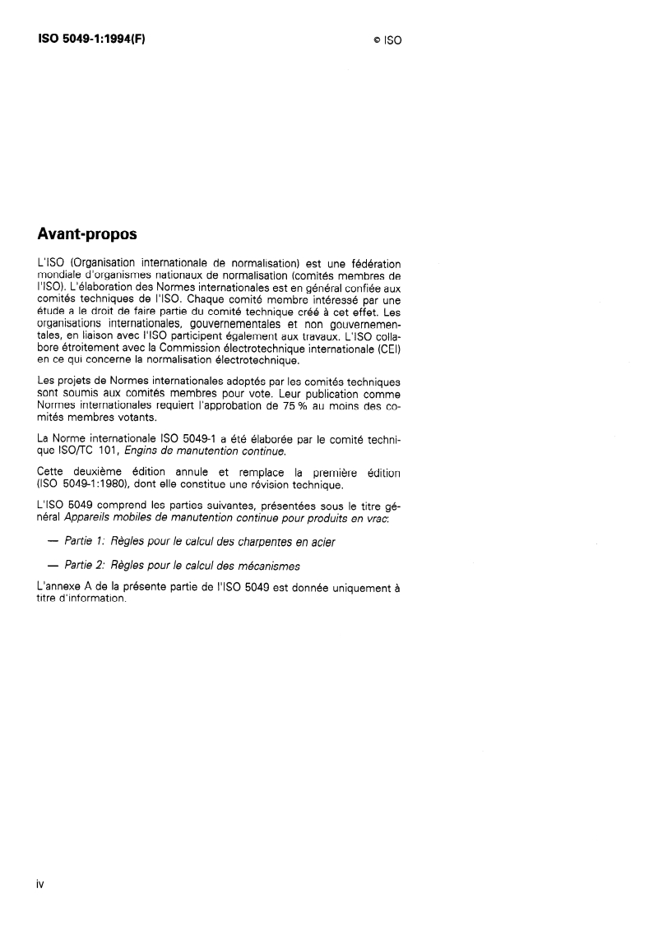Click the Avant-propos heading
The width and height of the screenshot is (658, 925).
87,234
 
